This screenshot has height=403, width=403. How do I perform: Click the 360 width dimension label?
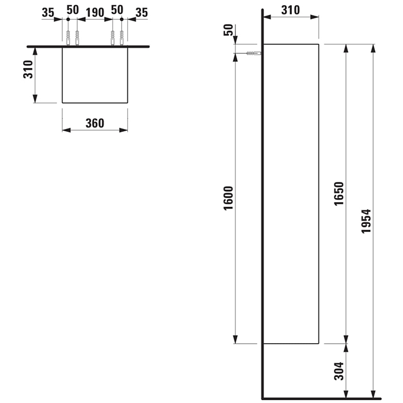[x=95, y=123]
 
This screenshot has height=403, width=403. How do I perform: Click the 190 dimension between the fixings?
[x=95, y=13]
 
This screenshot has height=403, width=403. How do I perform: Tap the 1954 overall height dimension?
[x=366, y=221]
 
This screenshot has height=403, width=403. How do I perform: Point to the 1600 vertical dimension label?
[x=228, y=198]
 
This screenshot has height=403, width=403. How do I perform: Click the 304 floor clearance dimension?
[x=339, y=371]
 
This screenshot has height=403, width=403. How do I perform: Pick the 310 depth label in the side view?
[x=290, y=10]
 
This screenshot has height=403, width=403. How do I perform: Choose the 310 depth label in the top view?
[x=28, y=70]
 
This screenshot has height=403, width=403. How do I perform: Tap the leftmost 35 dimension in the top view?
[x=48, y=13]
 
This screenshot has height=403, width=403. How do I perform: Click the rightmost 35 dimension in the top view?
[x=142, y=13]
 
